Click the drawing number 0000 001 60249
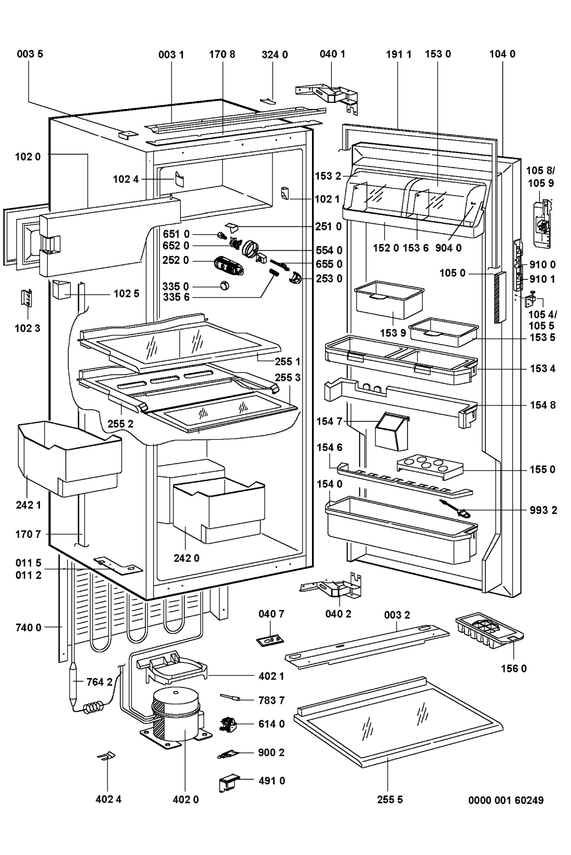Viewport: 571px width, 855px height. (x=506, y=800)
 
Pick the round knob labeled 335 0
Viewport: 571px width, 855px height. (x=224, y=285)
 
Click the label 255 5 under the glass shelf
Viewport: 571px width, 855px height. (x=390, y=800)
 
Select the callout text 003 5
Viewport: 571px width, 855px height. (x=30, y=54)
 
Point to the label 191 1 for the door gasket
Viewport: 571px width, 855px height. (x=399, y=54)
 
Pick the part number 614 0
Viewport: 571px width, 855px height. (x=271, y=724)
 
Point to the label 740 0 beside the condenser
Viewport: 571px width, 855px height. (x=28, y=628)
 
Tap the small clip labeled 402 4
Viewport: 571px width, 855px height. (x=106, y=758)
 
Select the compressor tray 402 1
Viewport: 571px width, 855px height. (x=171, y=671)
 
